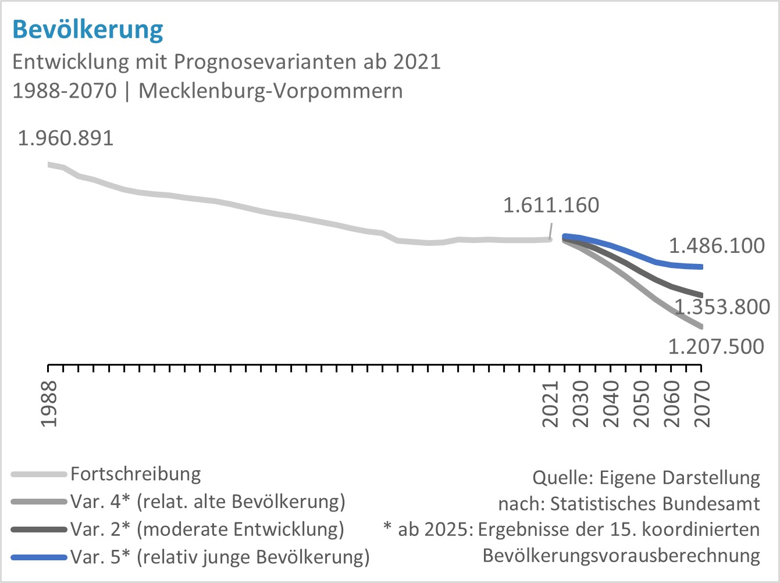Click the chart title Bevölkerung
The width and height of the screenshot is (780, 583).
[88, 29]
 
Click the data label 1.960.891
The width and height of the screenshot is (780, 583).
[66, 138]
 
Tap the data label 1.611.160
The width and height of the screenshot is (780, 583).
[550, 205]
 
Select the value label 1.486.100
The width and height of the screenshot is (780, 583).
[717, 246]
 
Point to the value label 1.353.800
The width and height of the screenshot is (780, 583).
[721, 306]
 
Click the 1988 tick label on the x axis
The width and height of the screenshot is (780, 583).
[49, 404]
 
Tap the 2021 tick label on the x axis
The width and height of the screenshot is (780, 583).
[550, 404]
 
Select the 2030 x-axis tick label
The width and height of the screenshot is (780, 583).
[581, 404]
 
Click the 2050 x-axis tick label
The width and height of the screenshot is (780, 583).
[642, 404]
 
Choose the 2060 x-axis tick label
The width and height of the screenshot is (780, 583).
[672, 404]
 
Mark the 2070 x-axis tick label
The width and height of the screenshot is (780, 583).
[703, 404]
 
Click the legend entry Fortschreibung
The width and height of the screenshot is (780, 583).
[136, 474]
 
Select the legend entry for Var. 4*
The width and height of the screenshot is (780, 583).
[208, 501]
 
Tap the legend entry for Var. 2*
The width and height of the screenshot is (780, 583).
[207, 529]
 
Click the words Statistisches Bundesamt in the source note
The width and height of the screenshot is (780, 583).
[655, 503]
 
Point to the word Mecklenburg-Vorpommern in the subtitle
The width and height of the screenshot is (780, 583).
[270, 91]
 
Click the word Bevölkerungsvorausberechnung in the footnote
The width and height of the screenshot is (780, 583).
[621, 556]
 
